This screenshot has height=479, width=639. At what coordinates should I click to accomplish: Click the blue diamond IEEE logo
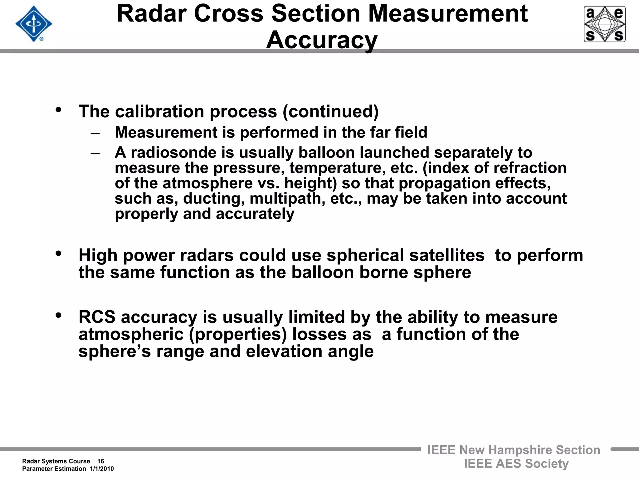coord(34,24)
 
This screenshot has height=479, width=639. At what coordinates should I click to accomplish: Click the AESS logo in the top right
coord(604,24)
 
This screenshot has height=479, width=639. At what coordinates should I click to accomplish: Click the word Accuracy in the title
coord(322,40)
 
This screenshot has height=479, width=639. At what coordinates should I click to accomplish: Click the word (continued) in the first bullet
coord(330,111)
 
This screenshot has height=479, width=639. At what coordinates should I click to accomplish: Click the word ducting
coord(212,199)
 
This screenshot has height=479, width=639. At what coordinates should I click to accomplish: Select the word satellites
coord(447,255)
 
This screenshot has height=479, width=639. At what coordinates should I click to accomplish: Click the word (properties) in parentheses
coord(238,334)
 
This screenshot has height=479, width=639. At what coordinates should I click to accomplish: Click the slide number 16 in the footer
coord(100,461)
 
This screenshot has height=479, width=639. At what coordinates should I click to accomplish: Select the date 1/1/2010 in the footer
coord(102,469)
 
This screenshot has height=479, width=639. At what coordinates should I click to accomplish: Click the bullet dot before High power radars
coord(58,254)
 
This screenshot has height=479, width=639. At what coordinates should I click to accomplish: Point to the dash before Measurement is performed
coord(95,133)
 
